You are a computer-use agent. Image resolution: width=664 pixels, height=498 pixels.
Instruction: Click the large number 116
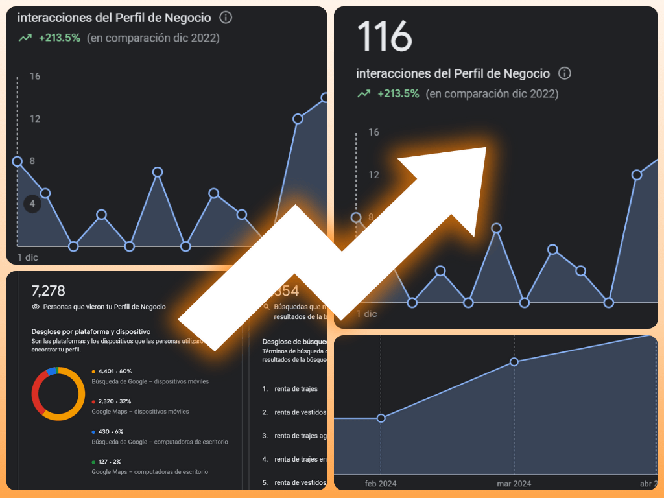[385, 36]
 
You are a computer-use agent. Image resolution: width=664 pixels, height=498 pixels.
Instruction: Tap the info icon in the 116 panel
[565, 73]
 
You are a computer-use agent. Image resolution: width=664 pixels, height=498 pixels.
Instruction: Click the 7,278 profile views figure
[49, 291]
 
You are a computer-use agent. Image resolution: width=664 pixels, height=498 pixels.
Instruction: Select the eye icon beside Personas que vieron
[36, 307]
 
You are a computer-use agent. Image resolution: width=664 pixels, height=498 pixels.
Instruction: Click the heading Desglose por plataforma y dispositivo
[91, 331]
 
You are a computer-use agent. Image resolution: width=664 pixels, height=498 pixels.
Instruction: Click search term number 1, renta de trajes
[296, 389]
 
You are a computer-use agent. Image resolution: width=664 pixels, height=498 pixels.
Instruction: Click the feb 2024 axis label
[381, 484]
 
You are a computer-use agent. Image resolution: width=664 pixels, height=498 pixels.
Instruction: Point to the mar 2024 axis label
[514, 484]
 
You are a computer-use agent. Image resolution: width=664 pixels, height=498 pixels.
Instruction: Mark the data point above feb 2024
[381, 418]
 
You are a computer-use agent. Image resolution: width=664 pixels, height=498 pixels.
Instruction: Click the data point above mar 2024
[514, 362]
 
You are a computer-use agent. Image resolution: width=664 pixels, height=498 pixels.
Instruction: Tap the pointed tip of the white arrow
[485, 148]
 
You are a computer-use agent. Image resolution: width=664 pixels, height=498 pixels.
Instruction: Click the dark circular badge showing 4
[32, 204]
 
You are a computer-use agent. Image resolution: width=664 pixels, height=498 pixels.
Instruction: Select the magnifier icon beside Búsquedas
[267, 307]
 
